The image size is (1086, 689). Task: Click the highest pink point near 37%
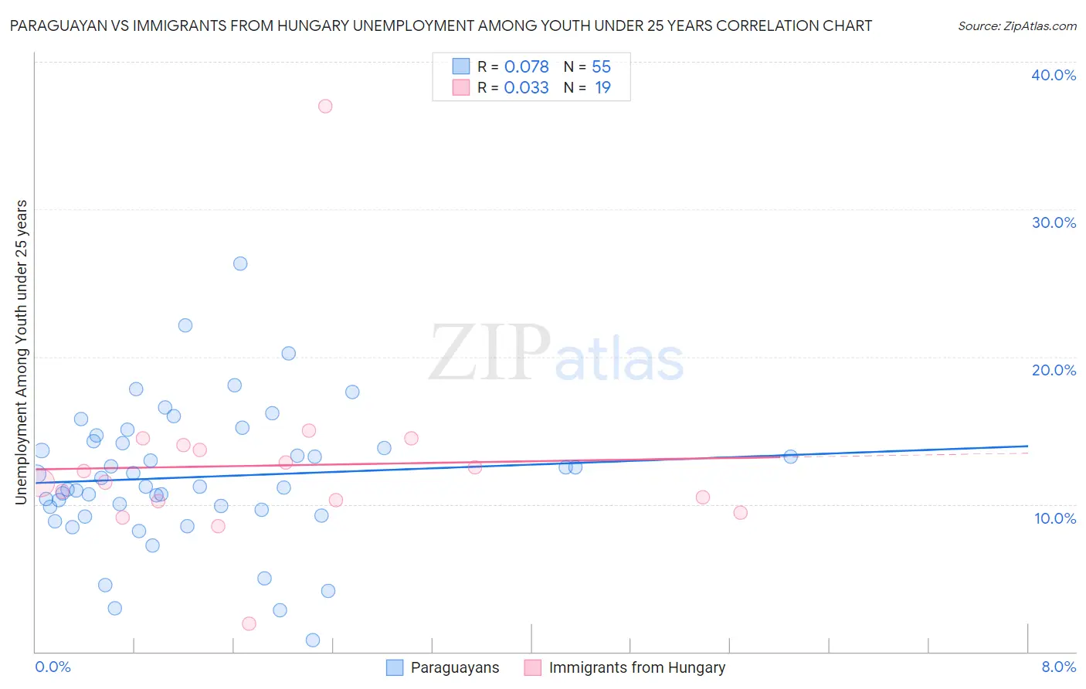coord(325,106)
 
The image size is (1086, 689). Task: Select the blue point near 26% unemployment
coord(240,263)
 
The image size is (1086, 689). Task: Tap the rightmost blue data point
coord(790,457)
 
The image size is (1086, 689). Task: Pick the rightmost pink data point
coord(740,512)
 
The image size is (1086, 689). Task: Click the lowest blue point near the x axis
coord(313,640)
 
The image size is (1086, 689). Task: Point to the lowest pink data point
coord(249,623)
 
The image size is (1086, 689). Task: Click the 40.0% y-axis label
coord(1054,75)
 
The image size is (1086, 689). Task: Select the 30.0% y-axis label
coord(1054,222)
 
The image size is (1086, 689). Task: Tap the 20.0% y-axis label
coord(1054,370)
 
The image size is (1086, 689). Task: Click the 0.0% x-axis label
coord(53,667)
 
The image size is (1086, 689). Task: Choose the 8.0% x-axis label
coord(1058,667)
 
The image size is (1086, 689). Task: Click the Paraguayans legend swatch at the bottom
coord(395,667)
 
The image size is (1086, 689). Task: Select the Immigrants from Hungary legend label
coord(636,667)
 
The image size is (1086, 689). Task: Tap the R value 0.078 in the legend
coord(526,67)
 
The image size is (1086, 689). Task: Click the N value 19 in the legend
coord(602,88)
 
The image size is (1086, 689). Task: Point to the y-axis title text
coord(21,352)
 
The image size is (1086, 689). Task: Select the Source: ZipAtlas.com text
coord(1016,25)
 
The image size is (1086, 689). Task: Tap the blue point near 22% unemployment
coord(185,325)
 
